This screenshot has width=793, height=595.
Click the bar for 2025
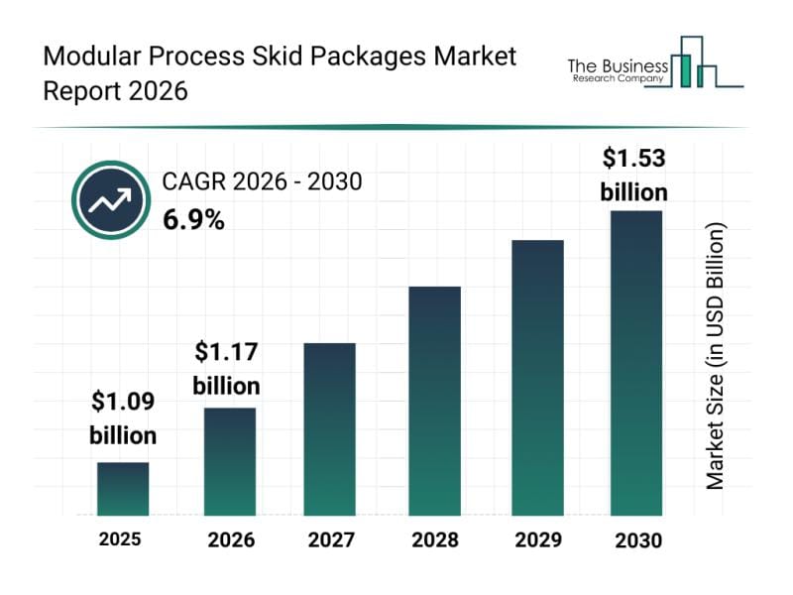click(123, 489)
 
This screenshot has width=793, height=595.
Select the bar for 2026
click(230, 461)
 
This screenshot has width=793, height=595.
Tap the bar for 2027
click(329, 429)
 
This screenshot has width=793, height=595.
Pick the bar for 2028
click(434, 401)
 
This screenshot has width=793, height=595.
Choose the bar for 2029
click(537, 378)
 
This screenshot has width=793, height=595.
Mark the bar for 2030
click(635, 363)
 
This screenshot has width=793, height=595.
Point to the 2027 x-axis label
click(331, 540)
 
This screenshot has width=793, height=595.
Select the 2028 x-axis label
click(434, 540)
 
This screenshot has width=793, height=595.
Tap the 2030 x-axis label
click(636, 540)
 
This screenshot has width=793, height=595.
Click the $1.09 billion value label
click(123, 417)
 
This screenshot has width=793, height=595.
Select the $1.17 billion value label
click(227, 368)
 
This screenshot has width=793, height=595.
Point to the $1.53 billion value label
click(634, 174)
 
